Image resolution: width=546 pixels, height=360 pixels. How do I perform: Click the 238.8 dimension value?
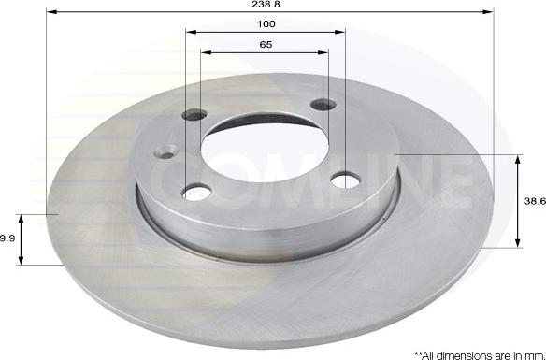point(269,5)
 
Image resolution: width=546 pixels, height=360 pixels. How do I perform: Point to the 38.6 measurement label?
point(533,201)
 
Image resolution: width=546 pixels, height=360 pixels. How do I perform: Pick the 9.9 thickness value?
point(7,238)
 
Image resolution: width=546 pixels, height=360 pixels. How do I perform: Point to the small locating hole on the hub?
point(168,151)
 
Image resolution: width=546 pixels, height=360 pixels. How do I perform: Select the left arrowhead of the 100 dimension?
point(190,32)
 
